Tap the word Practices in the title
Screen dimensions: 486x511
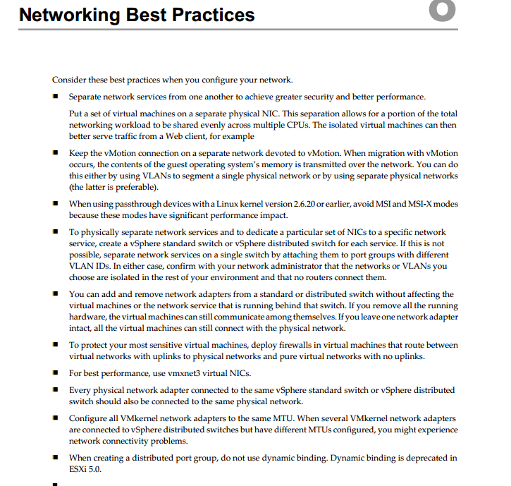click(x=215, y=13)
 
